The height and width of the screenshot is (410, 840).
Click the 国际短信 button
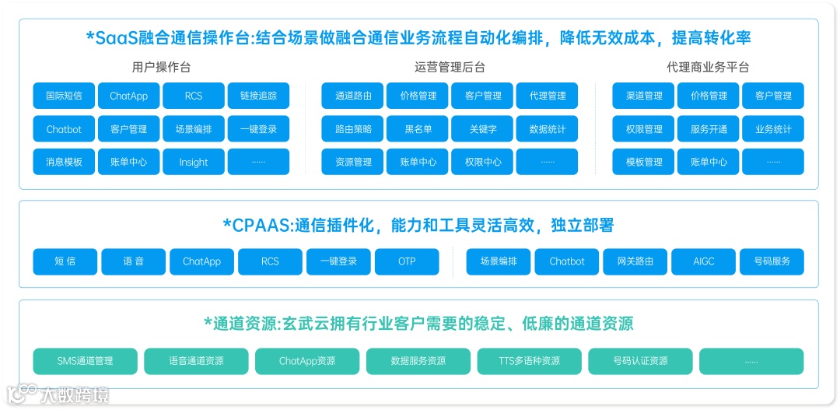[64, 96]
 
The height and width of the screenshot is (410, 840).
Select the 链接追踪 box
[258, 96]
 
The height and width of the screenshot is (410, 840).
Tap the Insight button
[194, 162]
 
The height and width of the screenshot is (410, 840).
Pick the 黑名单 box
[418, 129]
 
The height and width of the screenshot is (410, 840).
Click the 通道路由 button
[353, 96]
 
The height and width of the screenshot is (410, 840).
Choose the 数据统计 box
[547, 129]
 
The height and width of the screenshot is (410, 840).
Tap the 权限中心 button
[482, 162]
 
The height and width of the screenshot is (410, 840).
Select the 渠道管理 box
[644, 96]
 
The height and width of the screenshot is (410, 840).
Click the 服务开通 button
[709, 129]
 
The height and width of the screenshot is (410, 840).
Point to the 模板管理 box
[644, 162]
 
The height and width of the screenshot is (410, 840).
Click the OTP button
[407, 261]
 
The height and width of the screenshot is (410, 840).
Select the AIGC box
[704, 261]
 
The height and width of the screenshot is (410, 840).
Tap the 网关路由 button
[635, 261]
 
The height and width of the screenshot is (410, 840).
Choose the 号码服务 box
[772, 261]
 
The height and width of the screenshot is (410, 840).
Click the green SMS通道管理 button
[86, 361]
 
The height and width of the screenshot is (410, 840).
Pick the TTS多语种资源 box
[529, 361]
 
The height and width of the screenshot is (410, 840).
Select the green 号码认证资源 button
[640, 361]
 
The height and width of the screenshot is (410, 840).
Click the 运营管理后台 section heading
[450, 67]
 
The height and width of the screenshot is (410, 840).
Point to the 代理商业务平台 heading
[708, 67]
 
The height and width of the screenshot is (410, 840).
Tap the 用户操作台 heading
[161, 67]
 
